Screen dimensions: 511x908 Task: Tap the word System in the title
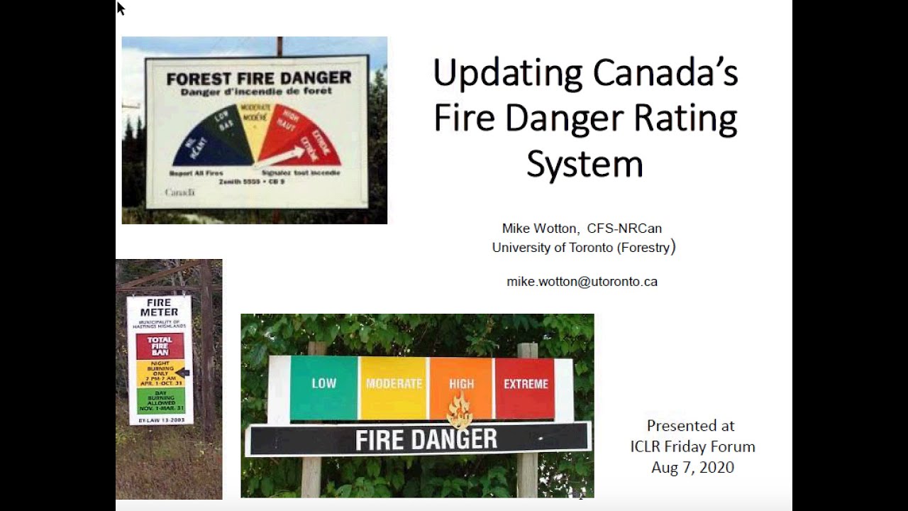tap(585, 164)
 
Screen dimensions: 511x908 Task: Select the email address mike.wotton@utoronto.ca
tap(582, 282)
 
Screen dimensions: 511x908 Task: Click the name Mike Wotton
tap(540, 229)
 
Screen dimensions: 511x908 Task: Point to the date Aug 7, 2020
tap(692, 468)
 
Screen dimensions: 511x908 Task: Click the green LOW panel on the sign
tap(323, 388)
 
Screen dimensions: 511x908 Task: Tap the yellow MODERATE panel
tap(394, 388)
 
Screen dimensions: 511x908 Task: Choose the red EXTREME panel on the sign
tap(526, 388)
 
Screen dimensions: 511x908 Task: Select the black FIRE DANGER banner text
tap(426, 440)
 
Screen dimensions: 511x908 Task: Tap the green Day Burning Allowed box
tap(160, 400)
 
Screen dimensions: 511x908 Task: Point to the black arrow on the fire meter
tap(183, 373)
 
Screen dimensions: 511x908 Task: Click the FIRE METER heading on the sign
tap(159, 307)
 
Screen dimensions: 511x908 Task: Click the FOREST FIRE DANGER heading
tap(258, 78)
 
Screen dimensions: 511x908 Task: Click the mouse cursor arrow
tap(120, 8)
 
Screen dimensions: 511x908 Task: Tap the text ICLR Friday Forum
tap(692, 447)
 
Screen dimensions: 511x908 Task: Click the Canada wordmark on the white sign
tap(179, 192)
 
